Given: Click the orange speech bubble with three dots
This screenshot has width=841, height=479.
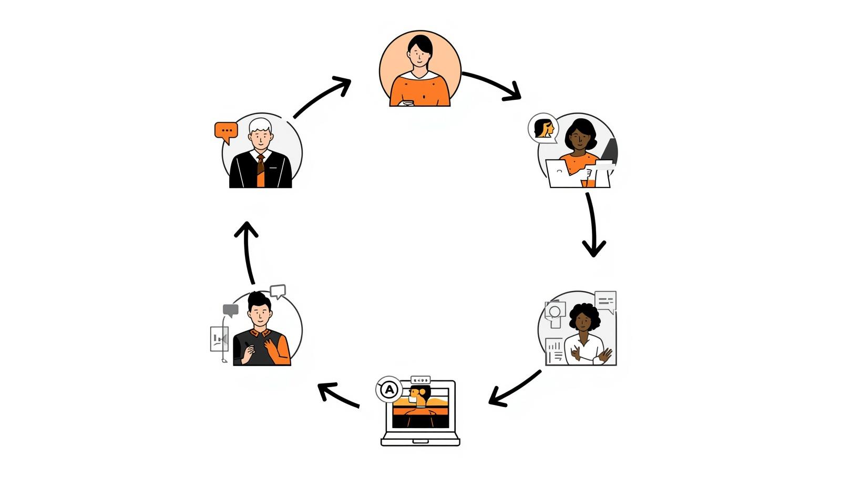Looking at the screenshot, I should pos(227,131).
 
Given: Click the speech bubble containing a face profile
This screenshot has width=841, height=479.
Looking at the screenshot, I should pos(543,128).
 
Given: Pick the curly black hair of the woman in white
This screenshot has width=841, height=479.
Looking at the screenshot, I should pos(584,312).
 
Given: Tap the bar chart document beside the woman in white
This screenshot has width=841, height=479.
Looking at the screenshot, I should pos(554,351).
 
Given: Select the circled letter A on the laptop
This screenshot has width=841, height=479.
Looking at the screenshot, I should pos(389,390).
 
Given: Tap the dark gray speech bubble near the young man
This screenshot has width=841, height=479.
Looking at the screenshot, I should pos(230,310).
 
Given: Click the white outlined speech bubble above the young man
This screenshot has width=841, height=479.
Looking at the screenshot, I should pos(278,290).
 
